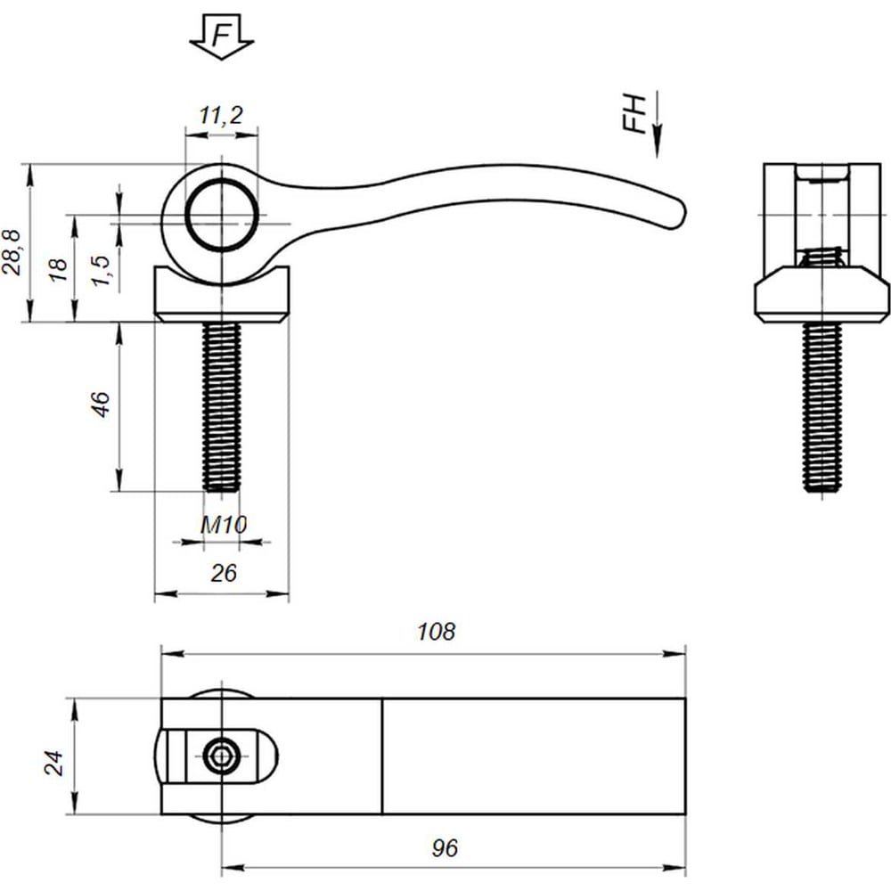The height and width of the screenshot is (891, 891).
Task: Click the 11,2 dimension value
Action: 221,115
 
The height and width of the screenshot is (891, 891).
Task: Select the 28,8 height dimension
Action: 12,252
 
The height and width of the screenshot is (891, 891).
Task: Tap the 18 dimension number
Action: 58,269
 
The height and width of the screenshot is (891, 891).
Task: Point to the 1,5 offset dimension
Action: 100,271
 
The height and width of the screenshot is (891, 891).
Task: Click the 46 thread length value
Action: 101,404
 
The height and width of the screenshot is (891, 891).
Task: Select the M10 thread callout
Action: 224,525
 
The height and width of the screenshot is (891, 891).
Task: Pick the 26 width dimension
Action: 224,573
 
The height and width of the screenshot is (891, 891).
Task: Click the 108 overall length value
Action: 436,632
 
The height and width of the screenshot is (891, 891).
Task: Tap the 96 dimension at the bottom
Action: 445,848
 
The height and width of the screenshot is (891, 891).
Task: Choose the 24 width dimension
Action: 54,763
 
